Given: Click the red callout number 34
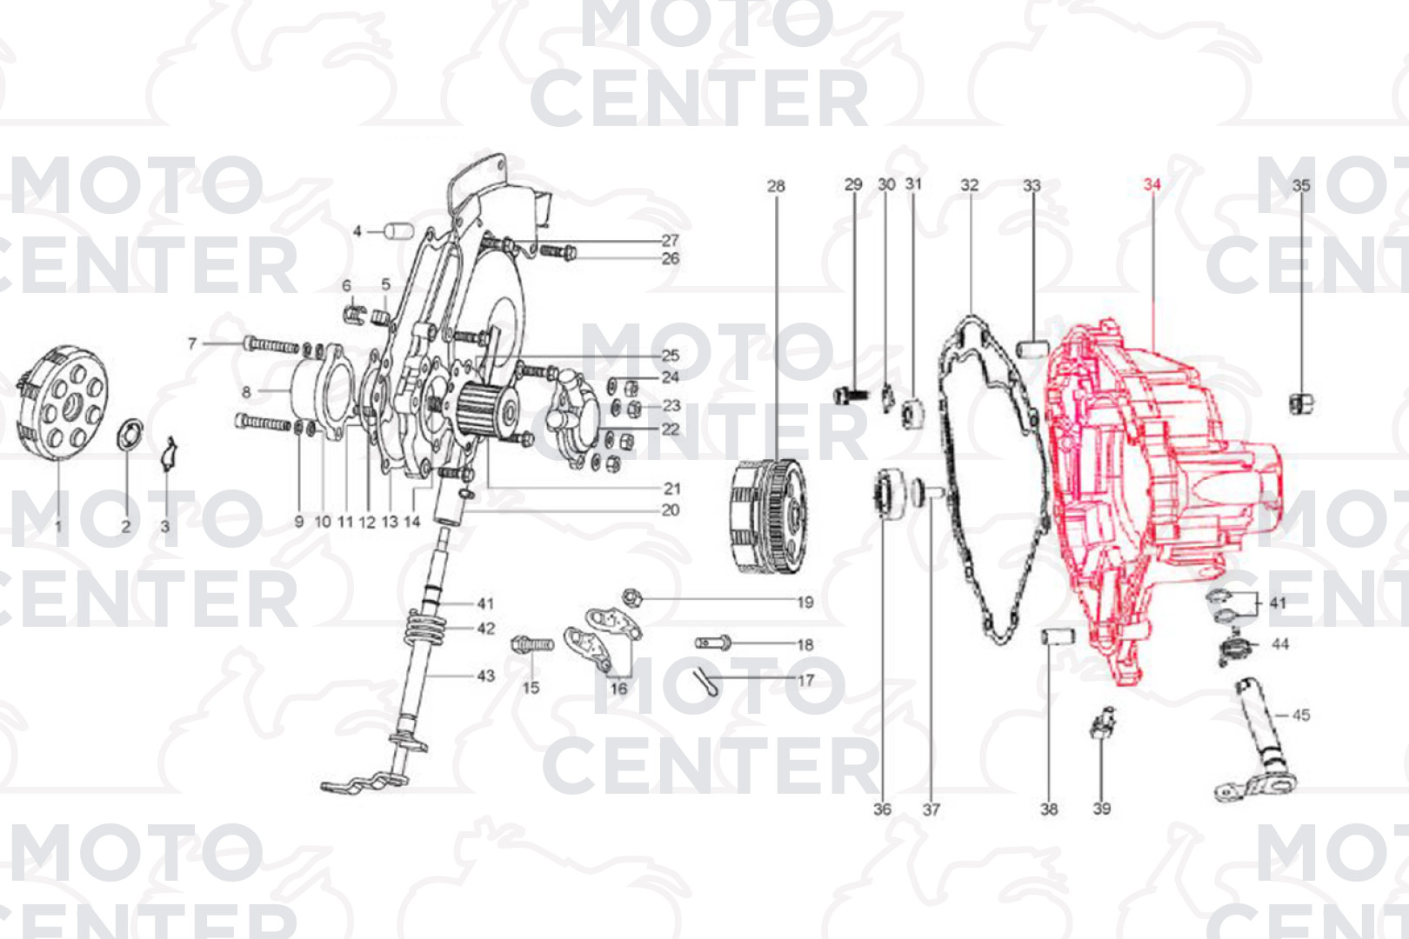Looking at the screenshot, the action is [x=1152, y=185].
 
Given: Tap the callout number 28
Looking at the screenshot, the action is [x=776, y=186].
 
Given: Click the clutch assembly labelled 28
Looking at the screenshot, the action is [x=771, y=516].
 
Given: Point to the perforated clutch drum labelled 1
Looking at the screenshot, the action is [x=62, y=403].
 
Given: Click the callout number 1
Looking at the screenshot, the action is [x=58, y=526].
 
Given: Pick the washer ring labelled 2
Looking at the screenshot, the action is [x=130, y=435].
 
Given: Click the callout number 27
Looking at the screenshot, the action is [x=670, y=240].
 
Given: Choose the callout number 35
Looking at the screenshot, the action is [x=1301, y=185].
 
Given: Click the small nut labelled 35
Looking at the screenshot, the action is [x=1300, y=403].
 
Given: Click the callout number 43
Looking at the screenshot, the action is [x=485, y=676].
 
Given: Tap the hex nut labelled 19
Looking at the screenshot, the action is [x=632, y=597].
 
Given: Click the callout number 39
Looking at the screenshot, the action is [x=1101, y=809].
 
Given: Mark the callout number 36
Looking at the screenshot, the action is [x=883, y=809].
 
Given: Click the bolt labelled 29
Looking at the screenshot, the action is [x=851, y=396].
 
